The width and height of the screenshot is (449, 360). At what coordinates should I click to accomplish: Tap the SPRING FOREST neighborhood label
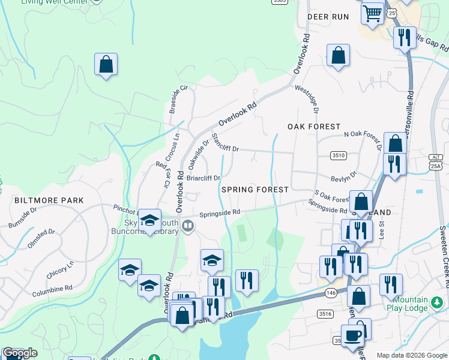click(x=255, y=189)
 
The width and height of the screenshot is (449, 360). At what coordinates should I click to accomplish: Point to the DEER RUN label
click(x=328, y=17)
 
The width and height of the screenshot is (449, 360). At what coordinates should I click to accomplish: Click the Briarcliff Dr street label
click(x=203, y=178)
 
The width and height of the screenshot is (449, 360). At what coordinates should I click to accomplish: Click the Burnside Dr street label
click(x=23, y=217)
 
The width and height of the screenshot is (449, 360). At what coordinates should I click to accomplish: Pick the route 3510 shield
click(x=339, y=155)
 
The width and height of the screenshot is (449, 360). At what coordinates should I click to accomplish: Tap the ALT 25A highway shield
click(x=435, y=162)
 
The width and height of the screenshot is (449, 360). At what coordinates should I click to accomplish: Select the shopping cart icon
click(x=373, y=12)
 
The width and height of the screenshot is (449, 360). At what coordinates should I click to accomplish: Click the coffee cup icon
click(x=353, y=335)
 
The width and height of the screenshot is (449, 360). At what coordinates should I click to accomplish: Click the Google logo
click(x=20, y=353)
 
